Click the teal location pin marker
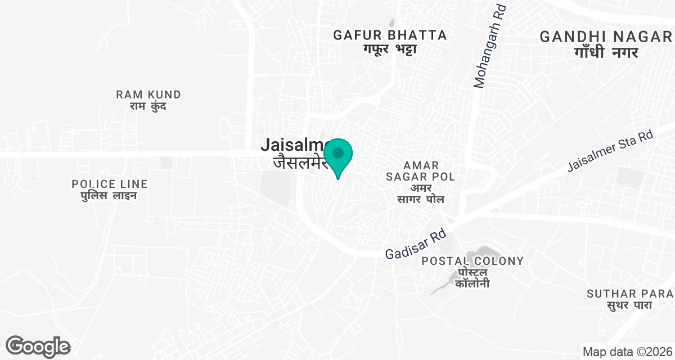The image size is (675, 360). click(338, 155)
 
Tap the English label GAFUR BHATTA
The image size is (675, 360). click(390, 35)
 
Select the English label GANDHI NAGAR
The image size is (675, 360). click(606, 37)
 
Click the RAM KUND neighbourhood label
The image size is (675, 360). click(148, 94)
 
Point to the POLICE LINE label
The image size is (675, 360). click(110, 183)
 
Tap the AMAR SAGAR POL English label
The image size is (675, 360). click(421, 171)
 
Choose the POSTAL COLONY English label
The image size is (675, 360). click(472, 261)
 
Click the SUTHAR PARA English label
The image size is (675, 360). click(629, 294)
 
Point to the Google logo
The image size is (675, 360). click(38, 346)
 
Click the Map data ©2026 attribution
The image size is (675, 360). click(627, 352)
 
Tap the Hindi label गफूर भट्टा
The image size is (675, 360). click(390, 49)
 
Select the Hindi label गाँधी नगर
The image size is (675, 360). click(606, 52)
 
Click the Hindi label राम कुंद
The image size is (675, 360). click(148, 106)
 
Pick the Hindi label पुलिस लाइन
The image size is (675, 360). click(110, 196)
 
